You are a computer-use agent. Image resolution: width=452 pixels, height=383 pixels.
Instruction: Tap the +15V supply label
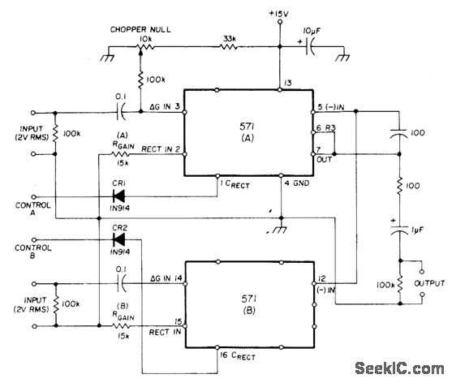coord(279,14)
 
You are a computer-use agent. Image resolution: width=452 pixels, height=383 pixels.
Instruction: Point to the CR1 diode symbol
coord(118,195)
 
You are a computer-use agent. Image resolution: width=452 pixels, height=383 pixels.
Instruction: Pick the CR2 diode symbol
coord(118,241)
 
